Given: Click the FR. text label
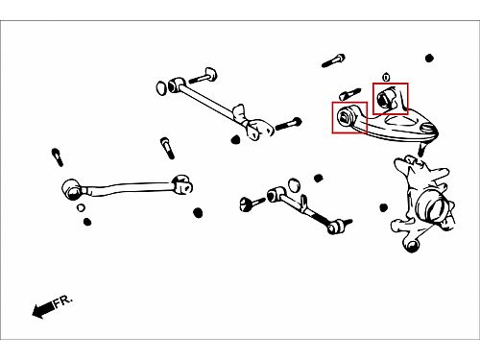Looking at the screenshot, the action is [x=63, y=301].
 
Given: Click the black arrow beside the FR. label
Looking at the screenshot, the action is [x=43, y=309].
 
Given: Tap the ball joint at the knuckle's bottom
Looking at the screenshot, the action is [x=412, y=246].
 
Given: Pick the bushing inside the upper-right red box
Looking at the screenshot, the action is [x=385, y=98].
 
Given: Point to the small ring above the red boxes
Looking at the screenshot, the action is [x=386, y=78].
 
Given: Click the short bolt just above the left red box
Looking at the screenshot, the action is [x=349, y=94].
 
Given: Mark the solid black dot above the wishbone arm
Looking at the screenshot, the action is [x=429, y=59].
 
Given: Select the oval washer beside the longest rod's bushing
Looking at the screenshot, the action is [x=161, y=88].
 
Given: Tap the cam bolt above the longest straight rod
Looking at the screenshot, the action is [x=204, y=76].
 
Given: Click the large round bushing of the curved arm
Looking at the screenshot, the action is [x=72, y=189].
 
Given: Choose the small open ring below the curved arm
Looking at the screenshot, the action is [x=81, y=207].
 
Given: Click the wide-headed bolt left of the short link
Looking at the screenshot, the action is [x=252, y=204].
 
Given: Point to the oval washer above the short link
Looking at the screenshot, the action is [x=294, y=185].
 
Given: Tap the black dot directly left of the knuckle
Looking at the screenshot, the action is [x=384, y=207].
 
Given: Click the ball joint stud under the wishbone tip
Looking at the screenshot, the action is [x=421, y=149].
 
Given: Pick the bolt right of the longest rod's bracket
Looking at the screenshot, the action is [x=288, y=124].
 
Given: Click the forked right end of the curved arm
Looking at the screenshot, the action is [x=182, y=184].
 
